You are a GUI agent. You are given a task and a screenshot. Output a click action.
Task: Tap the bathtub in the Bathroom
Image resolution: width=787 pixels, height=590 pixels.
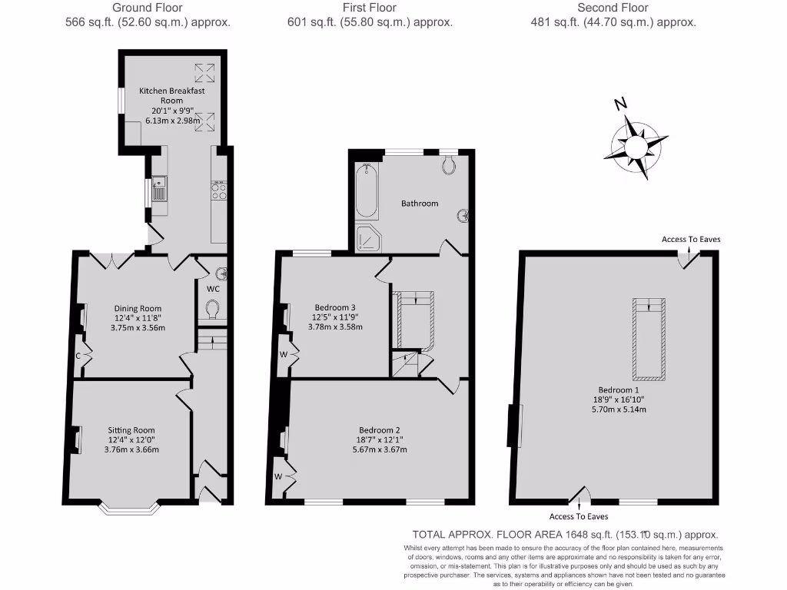[367, 191]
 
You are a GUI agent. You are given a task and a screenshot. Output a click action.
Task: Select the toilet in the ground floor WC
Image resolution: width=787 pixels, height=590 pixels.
[213, 310]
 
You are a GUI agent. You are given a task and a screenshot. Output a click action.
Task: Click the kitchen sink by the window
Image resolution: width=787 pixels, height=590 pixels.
[159, 187]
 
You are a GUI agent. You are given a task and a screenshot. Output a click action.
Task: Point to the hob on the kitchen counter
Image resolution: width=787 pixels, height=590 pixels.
[218, 190]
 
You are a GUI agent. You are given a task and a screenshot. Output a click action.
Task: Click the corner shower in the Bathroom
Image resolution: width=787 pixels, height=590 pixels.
[369, 237]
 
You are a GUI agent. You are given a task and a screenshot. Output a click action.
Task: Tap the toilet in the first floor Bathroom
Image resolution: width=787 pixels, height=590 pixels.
[450, 164]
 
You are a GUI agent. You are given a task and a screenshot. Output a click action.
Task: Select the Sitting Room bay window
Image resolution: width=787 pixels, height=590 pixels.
[129, 507]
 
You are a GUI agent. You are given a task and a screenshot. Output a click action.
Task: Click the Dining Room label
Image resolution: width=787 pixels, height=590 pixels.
[135, 309]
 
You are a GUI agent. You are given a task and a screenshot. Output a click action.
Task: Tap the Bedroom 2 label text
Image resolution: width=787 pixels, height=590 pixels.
[380, 430]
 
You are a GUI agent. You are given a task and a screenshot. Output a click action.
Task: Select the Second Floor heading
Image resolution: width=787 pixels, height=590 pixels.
[613, 8]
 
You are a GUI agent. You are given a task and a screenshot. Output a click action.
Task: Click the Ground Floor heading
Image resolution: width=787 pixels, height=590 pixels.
[148, 8]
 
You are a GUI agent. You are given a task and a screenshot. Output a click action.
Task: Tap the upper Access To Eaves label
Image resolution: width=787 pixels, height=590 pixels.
[691, 239]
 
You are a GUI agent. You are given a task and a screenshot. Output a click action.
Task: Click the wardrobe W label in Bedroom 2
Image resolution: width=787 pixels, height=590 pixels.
[278, 476]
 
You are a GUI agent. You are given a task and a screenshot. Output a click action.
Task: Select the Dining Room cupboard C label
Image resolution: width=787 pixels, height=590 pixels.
[78, 355]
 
